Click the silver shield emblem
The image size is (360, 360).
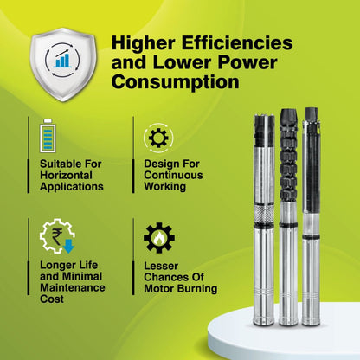pos(63,64)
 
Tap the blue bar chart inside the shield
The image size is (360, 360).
pos(63,60)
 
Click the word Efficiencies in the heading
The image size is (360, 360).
pos(237,43)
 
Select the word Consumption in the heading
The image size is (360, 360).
pos(176,82)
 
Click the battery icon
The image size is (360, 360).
pos(48,136)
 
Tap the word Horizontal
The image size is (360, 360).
pos(66,175)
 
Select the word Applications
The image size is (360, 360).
pos(72,187)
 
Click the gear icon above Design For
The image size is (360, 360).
pos(158,138)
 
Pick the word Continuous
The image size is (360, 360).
pos(173,175)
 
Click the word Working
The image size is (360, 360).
pos(165,187)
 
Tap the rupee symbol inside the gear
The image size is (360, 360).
pos(56,236)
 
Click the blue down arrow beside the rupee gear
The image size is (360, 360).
pos(68,246)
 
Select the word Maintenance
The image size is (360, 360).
pos(73,287)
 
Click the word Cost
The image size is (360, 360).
pos(52,299)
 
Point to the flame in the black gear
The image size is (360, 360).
pos(158,239)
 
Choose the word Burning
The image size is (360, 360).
pos(197,289)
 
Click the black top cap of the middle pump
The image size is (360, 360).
pos(288,117)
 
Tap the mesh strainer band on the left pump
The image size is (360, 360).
pos(264,213)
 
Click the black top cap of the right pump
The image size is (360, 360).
pos(312,114)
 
